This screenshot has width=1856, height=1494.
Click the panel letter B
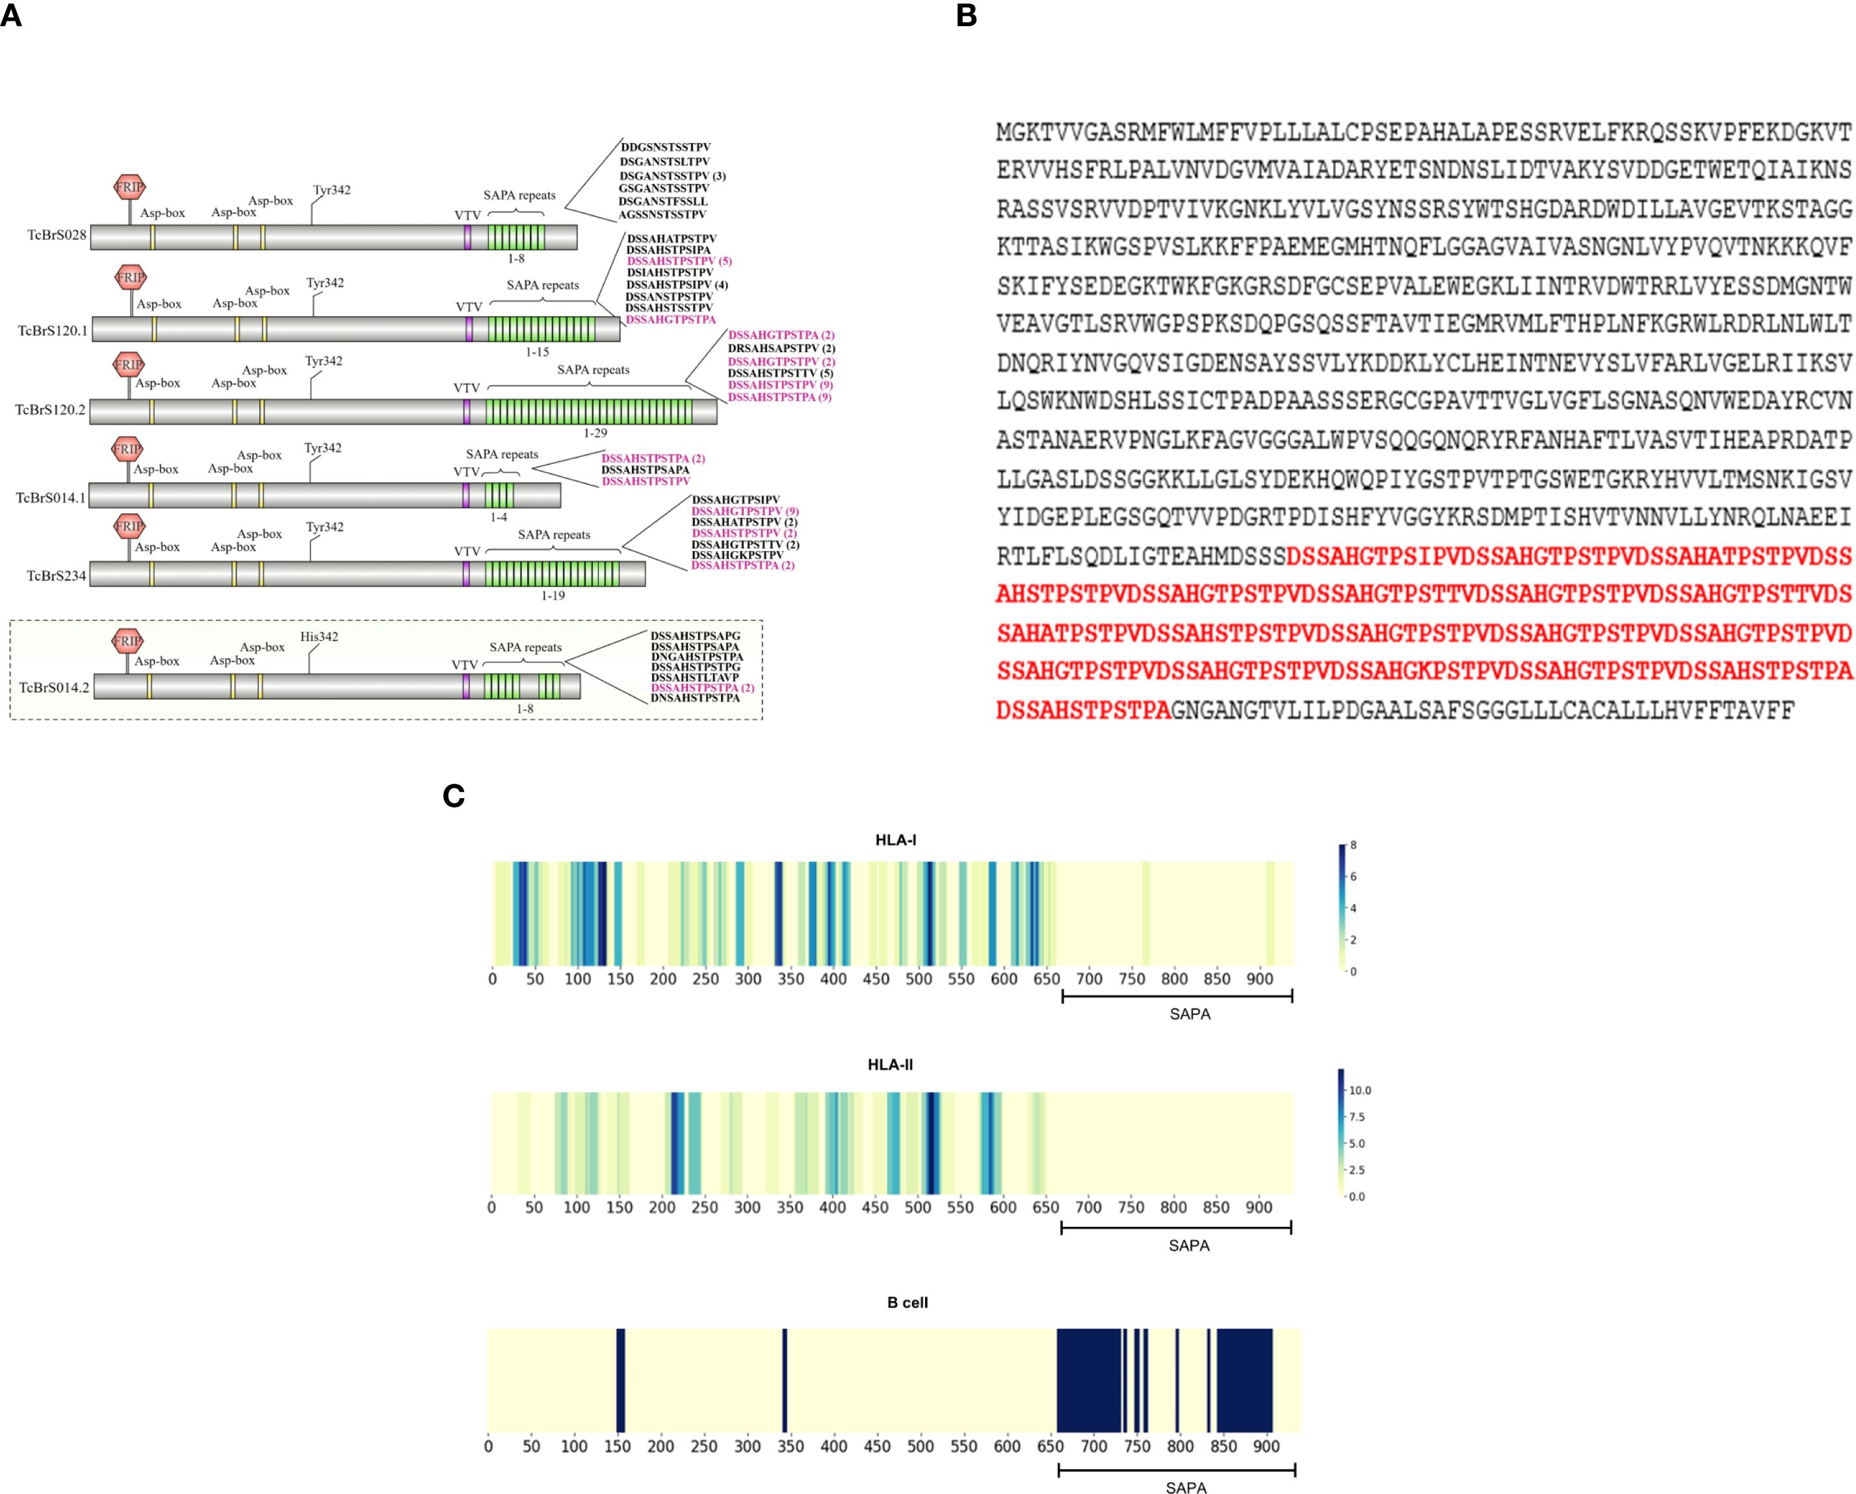[966, 16]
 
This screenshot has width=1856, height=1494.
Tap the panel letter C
[453, 796]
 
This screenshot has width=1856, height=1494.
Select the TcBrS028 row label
[57, 235]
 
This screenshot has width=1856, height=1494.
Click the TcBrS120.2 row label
[50, 409]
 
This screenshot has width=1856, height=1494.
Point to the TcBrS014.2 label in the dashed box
[54, 688]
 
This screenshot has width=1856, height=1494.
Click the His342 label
[319, 637]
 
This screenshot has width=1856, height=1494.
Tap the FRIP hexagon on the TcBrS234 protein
[129, 526]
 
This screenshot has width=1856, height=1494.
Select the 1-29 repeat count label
[595, 433]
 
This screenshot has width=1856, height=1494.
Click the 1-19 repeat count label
[553, 595]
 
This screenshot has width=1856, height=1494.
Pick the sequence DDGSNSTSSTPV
[666, 147]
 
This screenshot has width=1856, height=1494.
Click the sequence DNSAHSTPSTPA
[695, 698]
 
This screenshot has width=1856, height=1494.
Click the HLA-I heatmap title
[895, 840]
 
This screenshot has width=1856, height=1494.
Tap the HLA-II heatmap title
[890, 1064]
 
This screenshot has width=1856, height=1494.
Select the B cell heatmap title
[908, 1303]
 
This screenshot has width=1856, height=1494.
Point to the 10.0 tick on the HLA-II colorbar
[1360, 1090]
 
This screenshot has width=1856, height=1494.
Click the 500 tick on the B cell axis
[921, 1447]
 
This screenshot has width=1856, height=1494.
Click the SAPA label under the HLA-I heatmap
[1190, 1014]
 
